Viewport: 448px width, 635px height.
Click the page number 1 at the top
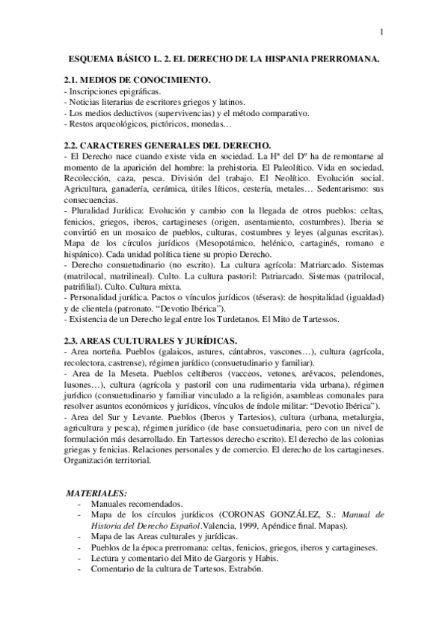click(381, 31)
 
